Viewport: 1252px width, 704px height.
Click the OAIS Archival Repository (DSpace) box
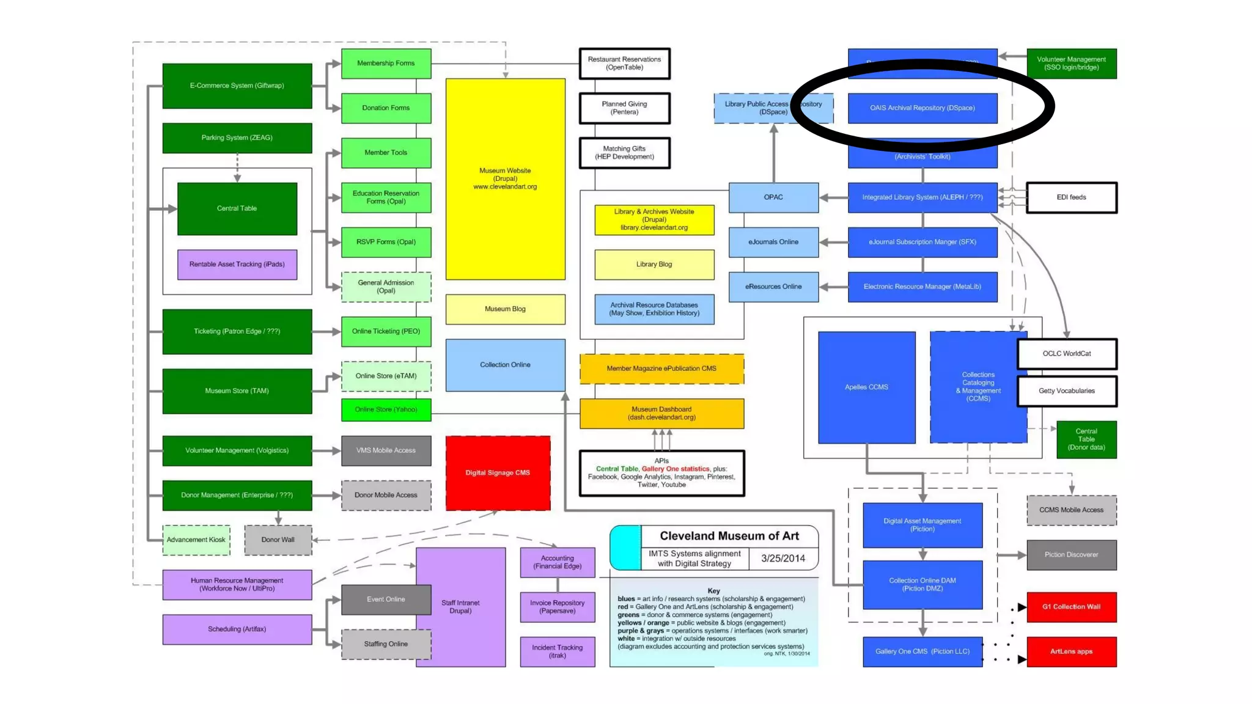[x=922, y=108]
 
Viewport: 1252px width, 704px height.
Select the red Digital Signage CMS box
[x=498, y=473]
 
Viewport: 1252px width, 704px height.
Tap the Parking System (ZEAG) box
[x=237, y=138]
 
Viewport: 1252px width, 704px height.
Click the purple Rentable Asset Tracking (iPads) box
[x=237, y=265]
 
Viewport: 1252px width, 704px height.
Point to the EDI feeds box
[x=1071, y=197]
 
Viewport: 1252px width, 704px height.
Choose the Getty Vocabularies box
[x=1067, y=391]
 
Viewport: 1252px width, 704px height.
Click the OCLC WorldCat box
[x=1067, y=354]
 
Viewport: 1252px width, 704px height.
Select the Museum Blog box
[x=505, y=309]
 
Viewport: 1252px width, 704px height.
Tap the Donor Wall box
[x=278, y=540]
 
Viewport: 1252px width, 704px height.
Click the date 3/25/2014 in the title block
[x=783, y=559]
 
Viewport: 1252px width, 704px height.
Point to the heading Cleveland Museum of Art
[x=729, y=536]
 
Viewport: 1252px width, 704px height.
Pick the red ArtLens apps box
[x=1072, y=651]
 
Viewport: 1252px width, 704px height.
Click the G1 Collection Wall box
[x=1072, y=607]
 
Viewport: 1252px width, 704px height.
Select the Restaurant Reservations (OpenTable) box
[x=624, y=64]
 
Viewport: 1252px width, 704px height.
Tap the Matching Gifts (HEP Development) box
[x=624, y=153]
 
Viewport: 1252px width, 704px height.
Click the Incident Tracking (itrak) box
[x=558, y=651]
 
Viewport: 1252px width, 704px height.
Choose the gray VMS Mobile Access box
[x=386, y=451]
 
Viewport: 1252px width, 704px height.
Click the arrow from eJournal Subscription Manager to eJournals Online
[x=833, y=243]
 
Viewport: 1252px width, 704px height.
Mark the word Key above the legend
[x=713, y=591]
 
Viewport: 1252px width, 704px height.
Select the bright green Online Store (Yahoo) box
[x=386, y=410]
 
